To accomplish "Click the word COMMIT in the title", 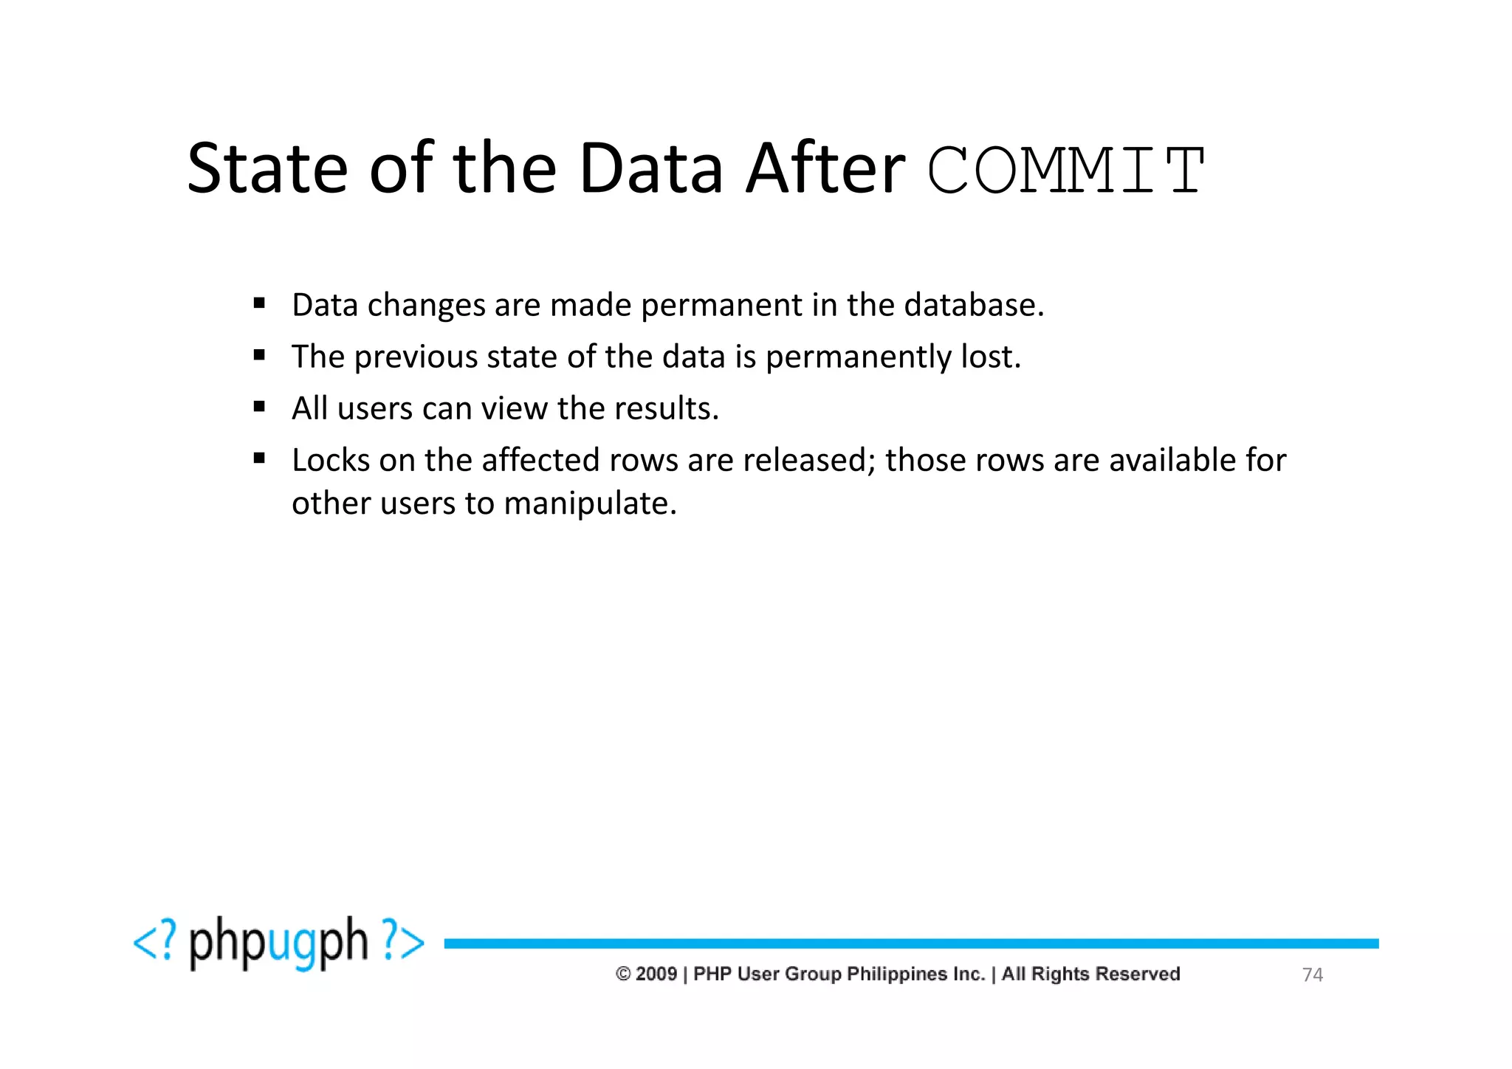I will click(1066, 170).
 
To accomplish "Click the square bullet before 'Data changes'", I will click(259, 303).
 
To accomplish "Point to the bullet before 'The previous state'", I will click(259, 354).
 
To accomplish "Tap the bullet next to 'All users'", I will click(259, 406).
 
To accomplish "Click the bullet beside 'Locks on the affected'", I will click(259, 458).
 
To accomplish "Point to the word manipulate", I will click(589, 503).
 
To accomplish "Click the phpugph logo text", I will click(278, 943).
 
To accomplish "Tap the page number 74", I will click(1312, 975).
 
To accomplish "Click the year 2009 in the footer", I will click(656, 974).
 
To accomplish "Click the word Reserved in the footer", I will click(1138, 974).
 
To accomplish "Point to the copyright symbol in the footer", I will click(623, 974).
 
